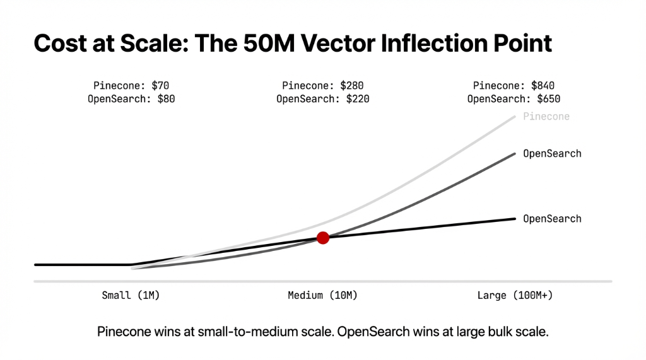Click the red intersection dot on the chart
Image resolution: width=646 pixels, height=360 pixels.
click(x=323, y=238)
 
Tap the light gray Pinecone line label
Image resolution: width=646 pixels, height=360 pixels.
click(x=546, y=117)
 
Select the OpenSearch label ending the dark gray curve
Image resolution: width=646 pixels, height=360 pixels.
click(x=552, y=154)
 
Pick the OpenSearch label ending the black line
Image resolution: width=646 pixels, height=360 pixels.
click(x=552, y=219)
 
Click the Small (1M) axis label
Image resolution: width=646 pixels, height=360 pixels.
click(x=131, y=295)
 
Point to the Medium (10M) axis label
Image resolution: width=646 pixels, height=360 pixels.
click(x=323, y=295)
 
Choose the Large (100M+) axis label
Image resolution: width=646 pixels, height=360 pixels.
click(x=515, y=295)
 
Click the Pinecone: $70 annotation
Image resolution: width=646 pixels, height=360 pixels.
click(x=131, y=86)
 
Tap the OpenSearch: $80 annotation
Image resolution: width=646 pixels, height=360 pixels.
click(x=131, y=99)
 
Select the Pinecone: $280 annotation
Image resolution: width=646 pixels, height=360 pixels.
click(x=323, y=86)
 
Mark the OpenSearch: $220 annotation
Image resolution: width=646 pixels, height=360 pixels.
click(x=323, y=99)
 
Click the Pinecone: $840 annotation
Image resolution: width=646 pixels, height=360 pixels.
click(x=514, y=86)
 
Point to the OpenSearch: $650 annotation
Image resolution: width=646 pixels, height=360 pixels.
click(x=514, y=99)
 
